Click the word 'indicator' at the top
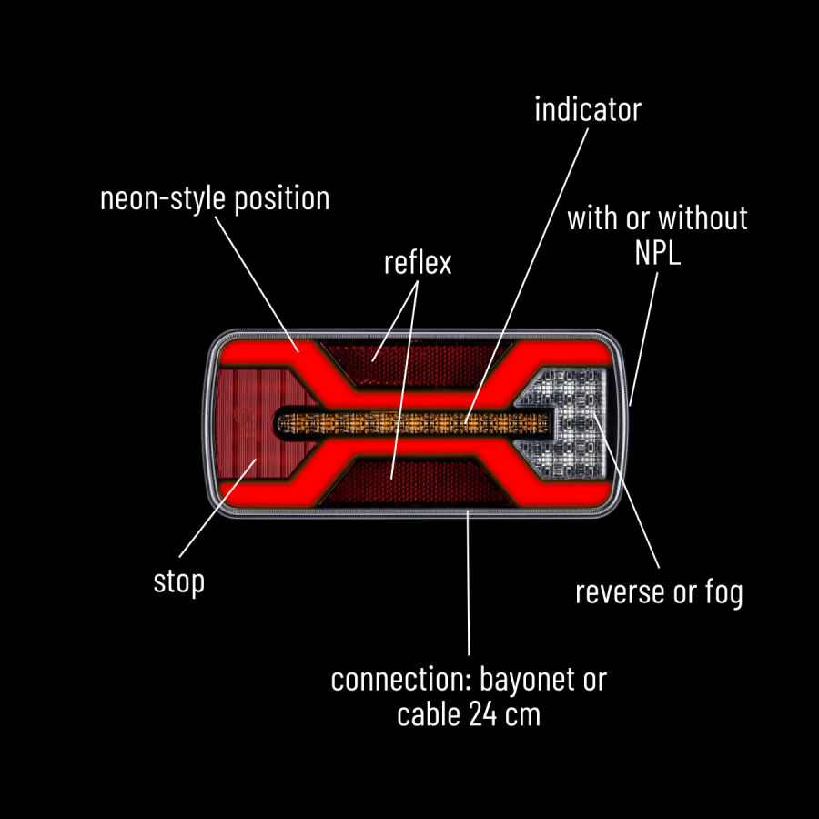587,110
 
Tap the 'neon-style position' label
215,198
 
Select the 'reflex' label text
418,263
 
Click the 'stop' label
178,581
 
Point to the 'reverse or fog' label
659,592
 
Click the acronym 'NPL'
657,253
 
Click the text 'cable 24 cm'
469,714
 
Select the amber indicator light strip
414,422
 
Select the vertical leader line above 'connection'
468,582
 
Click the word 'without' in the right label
703,218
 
